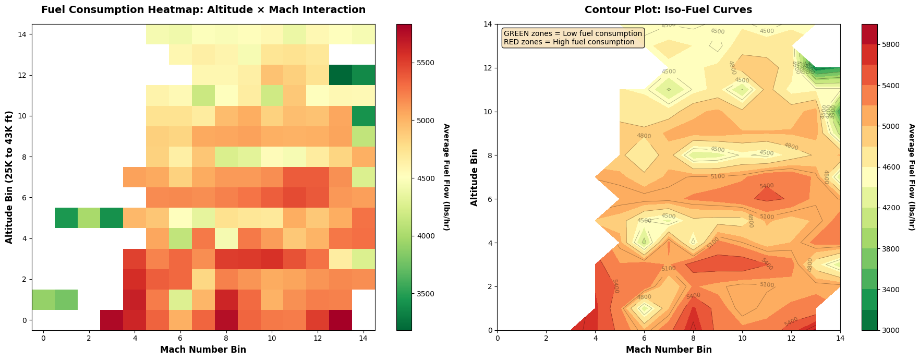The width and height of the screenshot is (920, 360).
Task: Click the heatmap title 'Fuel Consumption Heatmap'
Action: coord(203,10)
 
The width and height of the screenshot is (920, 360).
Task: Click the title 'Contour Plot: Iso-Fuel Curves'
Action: coord(668,10)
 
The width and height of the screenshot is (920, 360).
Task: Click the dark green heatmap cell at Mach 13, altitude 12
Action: coord(341,75)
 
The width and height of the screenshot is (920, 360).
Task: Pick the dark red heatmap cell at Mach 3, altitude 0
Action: coord(112,320)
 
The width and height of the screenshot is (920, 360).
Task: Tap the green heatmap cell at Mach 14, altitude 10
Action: coord(364,116)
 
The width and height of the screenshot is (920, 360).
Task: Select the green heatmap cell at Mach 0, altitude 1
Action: coord(43,299)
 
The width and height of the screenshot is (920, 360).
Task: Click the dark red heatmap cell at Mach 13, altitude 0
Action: coord(341,320)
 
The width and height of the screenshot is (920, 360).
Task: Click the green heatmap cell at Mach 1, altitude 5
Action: coord(66,218)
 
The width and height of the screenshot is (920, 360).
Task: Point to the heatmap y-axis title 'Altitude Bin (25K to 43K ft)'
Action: coord(9,177)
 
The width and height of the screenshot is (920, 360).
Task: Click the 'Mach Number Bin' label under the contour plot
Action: coord(669,350)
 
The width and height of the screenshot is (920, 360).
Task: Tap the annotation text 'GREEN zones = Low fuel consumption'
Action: coord(573,34)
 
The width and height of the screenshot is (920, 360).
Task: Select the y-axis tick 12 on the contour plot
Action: coord(489,68)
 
